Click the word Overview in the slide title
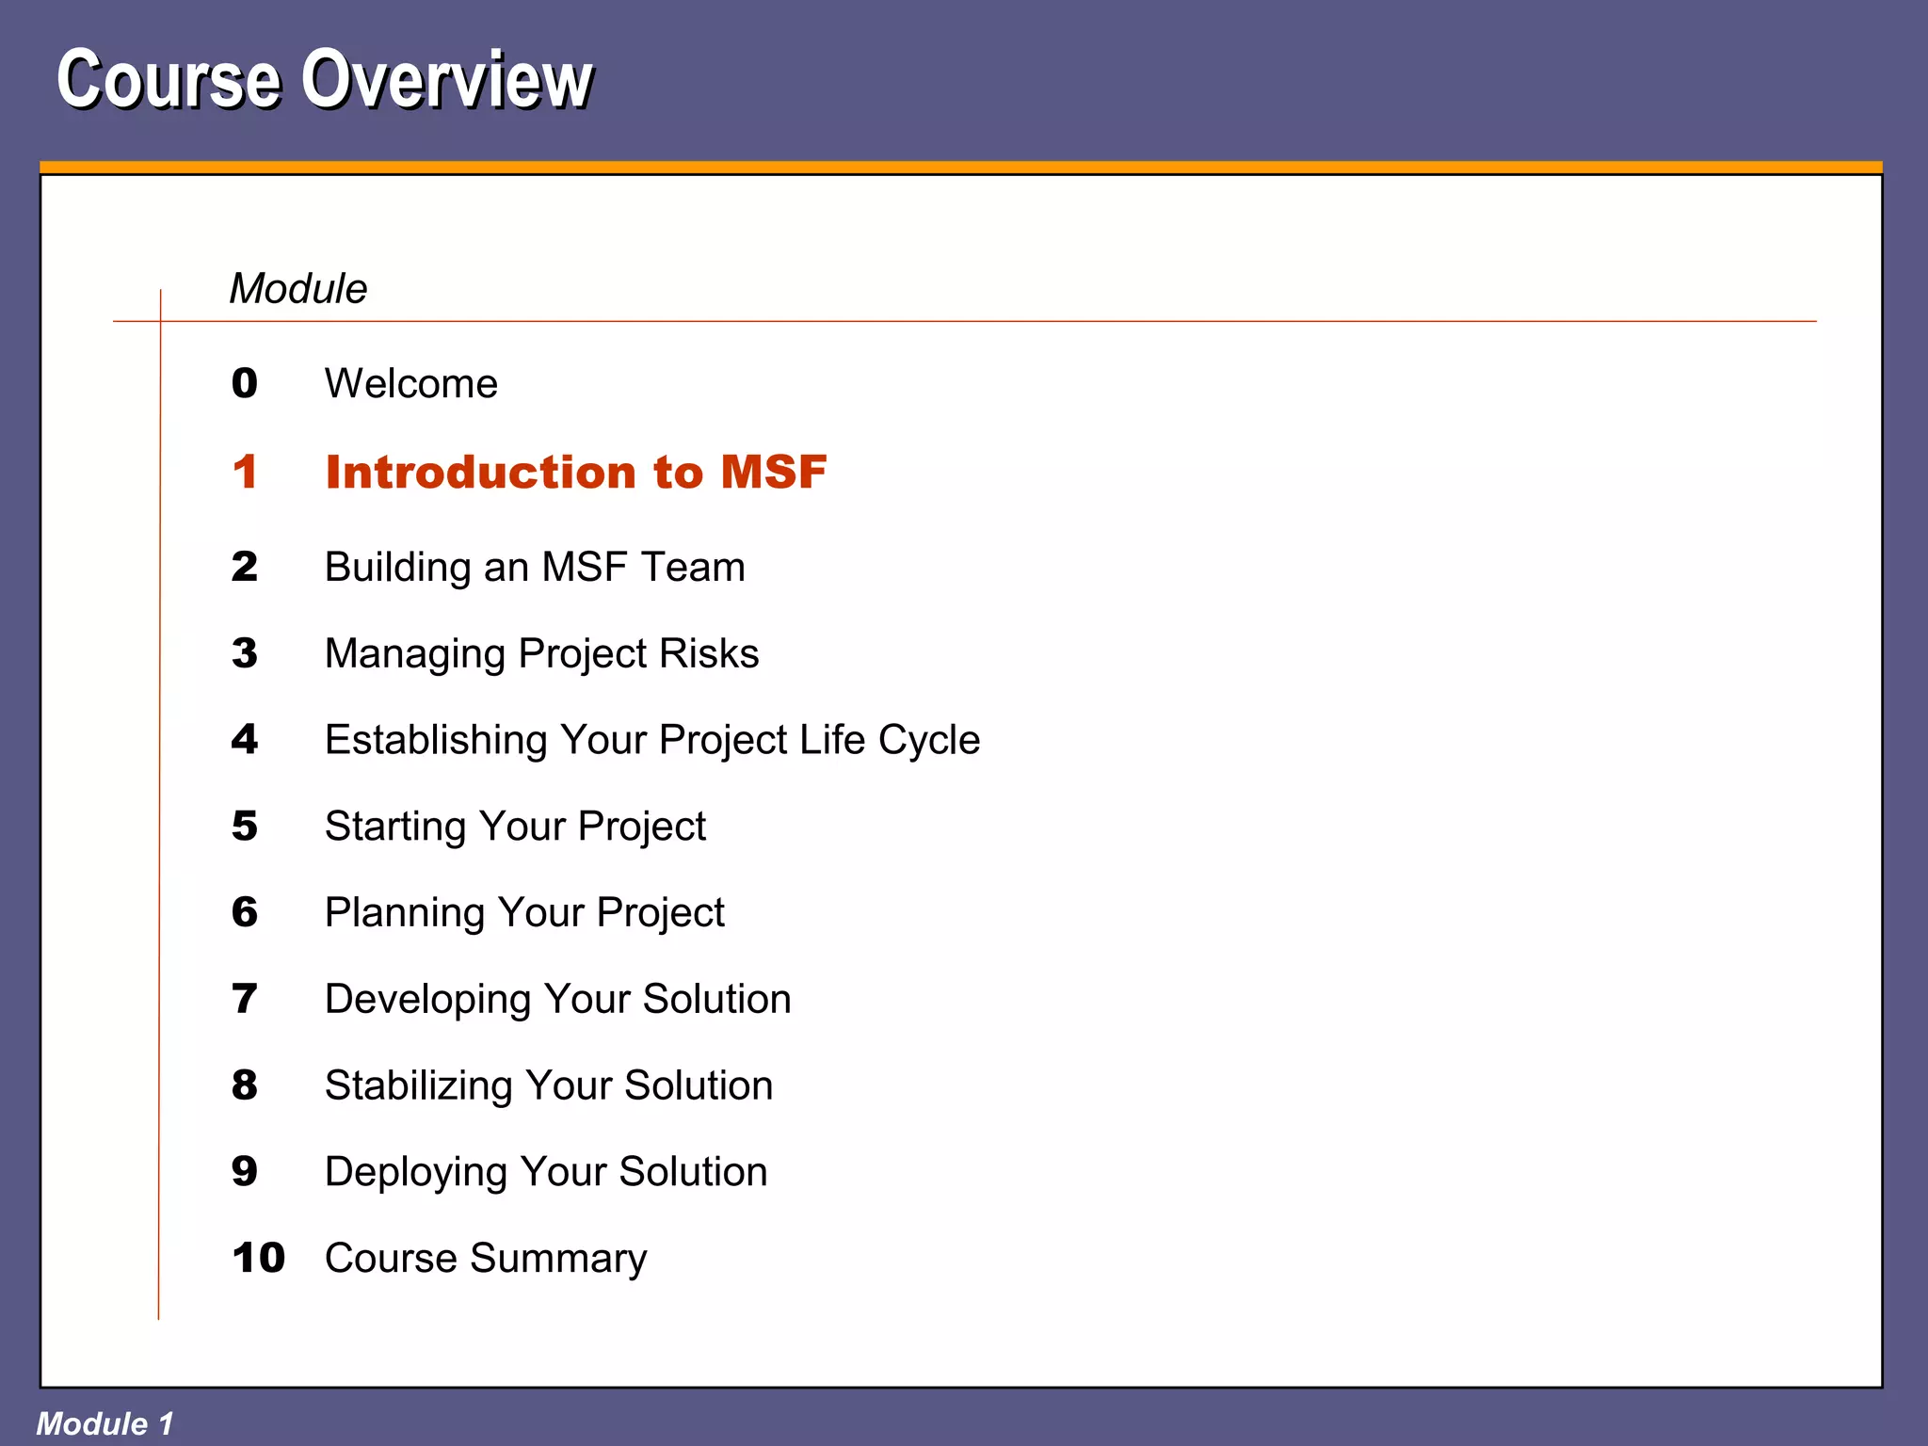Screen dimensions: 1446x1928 click(x=446, y=80)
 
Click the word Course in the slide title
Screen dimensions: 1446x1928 click(x=169, y=80)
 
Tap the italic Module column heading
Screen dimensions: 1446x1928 click(x=297, y=288)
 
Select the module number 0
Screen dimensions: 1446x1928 click(x=245, y=383)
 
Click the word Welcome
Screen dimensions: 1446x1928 click(x=410, y=383)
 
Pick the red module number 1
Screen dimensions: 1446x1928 click(x=245, y=472)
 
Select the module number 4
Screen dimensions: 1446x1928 click(x=245, y=740)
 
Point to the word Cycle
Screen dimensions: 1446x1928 click(x=928, y=740)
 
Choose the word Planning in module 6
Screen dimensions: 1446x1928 click(x=405, y=912)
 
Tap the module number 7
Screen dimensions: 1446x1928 click(x=245, y=999)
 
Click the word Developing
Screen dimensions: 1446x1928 click(x=428, y=999)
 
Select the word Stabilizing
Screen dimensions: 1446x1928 click(x=419, y=1085)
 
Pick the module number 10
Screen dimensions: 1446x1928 click(x=258, y=1258)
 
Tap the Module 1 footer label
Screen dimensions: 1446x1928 click(x=104, y=1423)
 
